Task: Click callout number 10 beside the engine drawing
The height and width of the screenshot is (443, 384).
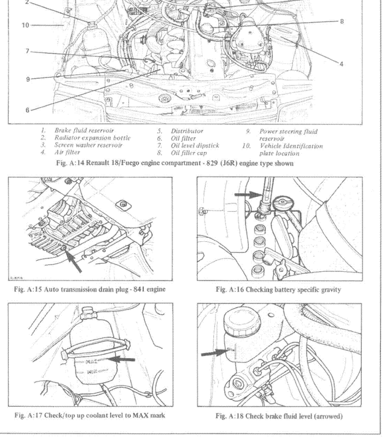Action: coord(25,25)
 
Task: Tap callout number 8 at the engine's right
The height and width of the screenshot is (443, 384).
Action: coord(342,21)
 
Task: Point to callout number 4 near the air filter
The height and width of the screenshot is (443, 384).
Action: coord(342,63)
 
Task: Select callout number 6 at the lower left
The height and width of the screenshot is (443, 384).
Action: coord(27,110)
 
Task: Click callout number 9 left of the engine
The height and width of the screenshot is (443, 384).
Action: coord(27,79)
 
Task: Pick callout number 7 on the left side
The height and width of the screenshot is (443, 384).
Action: coord(27,52)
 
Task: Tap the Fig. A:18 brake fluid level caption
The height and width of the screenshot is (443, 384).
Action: coord(278,416)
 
